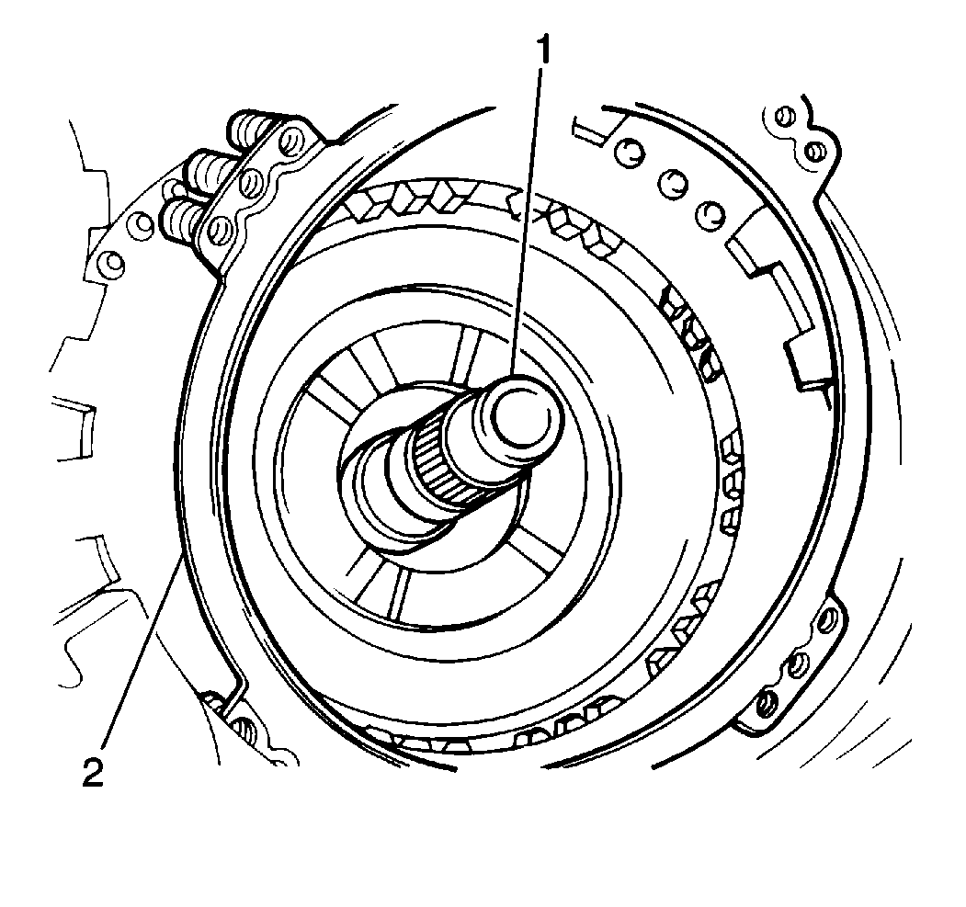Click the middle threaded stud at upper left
(210, 169)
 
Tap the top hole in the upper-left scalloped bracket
(289, 142)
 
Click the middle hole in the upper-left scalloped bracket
(251, 184)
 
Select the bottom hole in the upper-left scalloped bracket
(217, 230)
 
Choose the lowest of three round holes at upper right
(711, 214)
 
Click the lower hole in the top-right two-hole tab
(813, 149)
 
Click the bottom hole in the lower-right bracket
(767, 703)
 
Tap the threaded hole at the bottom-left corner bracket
(244, 729)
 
